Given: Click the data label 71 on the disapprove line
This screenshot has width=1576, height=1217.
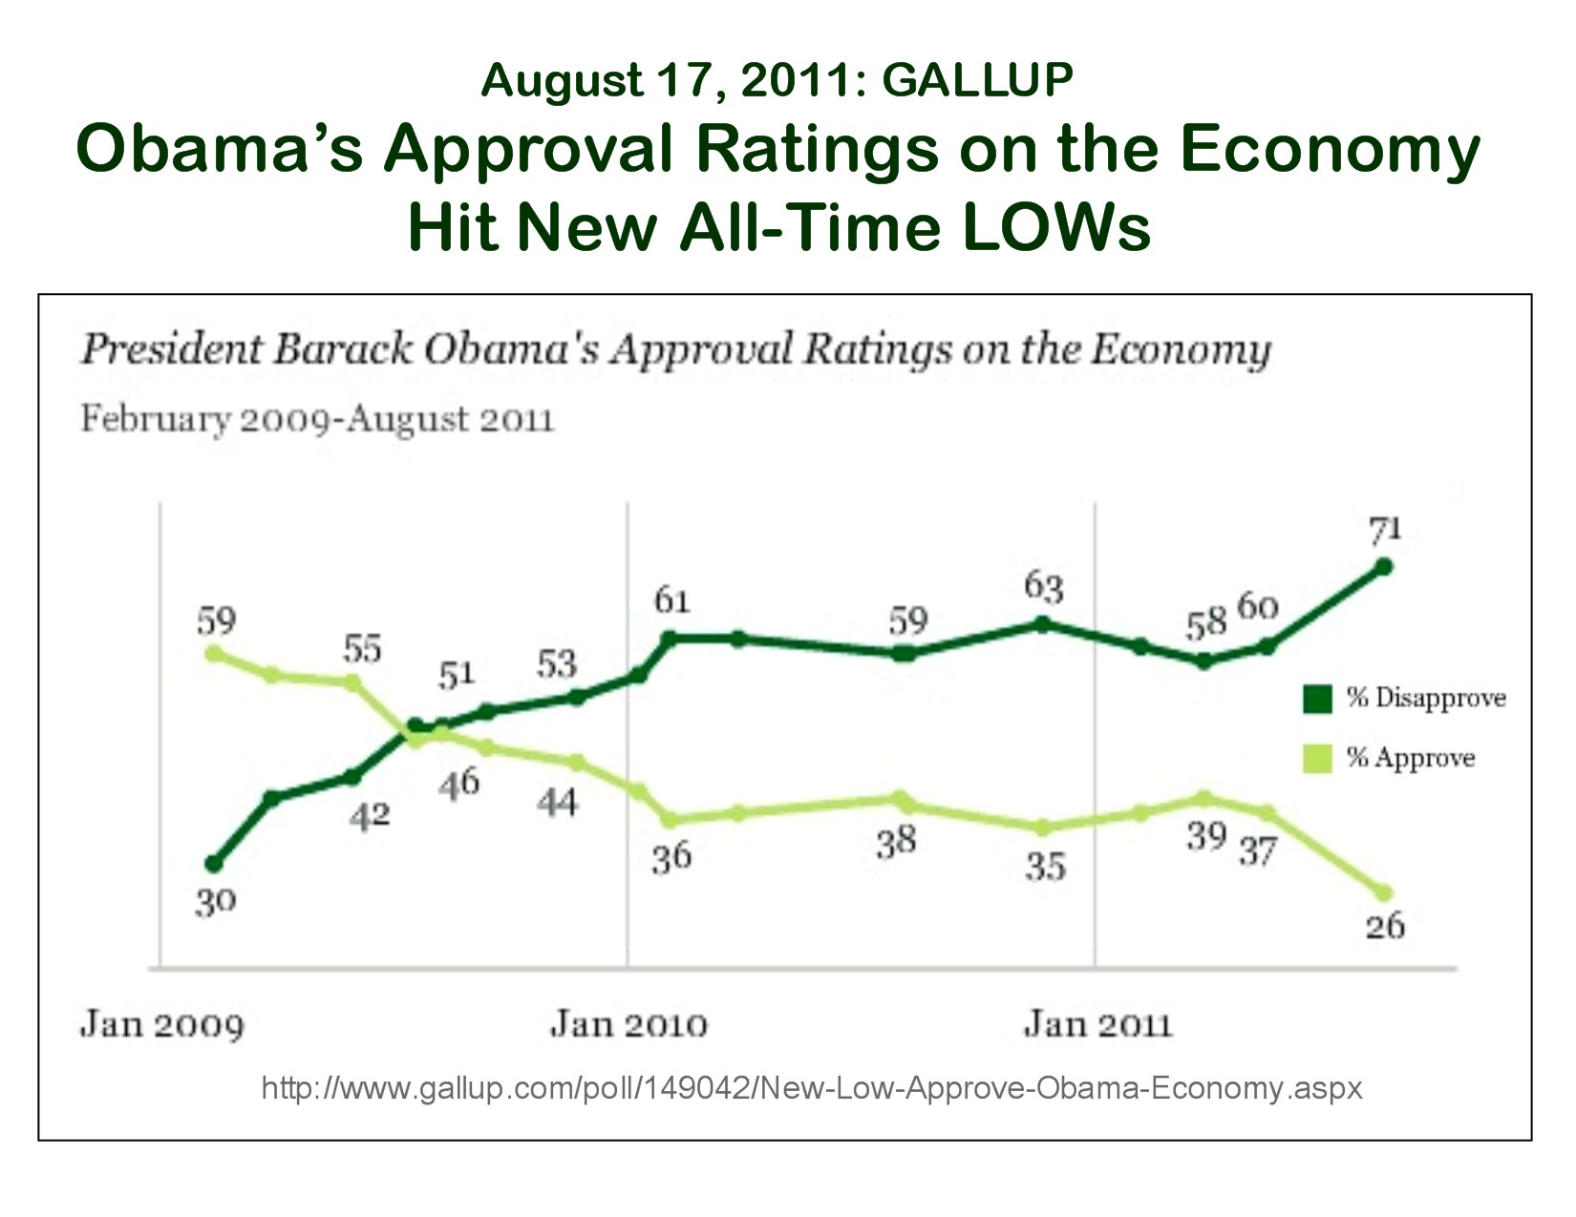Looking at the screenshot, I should [1385, 528].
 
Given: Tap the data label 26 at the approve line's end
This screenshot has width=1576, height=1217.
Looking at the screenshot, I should [1385, 925].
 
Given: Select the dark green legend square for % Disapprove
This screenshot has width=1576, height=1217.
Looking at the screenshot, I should [1317, 699].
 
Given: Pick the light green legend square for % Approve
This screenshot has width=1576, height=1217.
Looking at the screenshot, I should [1317, 759].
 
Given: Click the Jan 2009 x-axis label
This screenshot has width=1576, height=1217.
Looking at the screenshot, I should [161, 1025].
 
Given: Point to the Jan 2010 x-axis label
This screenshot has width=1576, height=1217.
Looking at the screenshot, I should [628, 1025].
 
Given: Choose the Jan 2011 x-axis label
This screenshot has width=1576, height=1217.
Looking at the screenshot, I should [1097, 1025].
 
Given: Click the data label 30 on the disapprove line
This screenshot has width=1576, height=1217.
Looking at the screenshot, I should [215, 901].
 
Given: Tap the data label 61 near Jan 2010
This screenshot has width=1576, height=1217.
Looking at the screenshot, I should [671, 600].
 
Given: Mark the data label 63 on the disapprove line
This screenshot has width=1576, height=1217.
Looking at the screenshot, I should [1043, 586].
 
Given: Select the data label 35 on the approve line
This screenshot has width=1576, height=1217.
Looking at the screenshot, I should [1045, 867].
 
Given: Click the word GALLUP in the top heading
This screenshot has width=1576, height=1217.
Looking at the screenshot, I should [977, 80].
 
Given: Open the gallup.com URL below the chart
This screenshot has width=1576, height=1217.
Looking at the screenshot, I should [811, 1088].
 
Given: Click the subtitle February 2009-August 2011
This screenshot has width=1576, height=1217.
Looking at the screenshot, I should [317, 419].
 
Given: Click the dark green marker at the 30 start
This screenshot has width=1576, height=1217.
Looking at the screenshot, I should [214, 864].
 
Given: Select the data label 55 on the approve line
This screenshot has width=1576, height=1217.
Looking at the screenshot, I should [362, 649].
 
